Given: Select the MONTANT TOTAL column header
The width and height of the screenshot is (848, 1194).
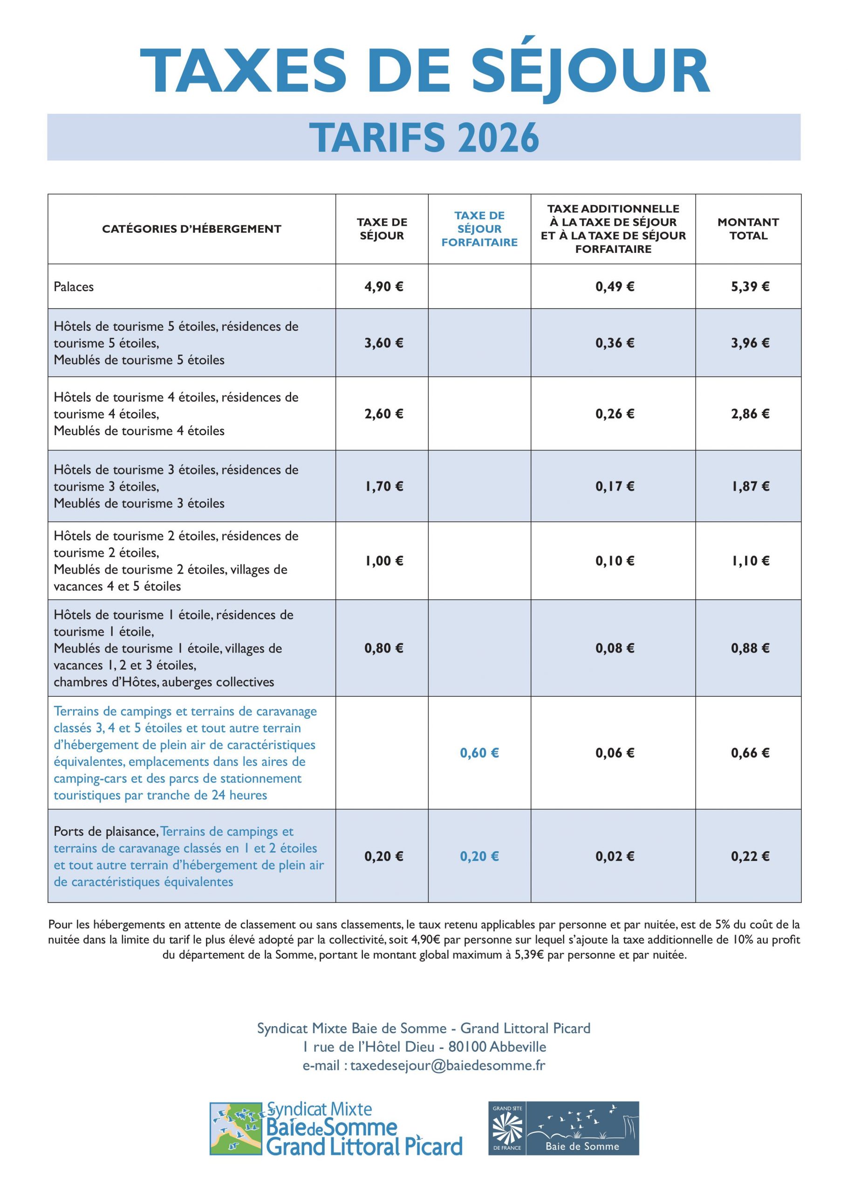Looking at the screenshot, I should (748, 229).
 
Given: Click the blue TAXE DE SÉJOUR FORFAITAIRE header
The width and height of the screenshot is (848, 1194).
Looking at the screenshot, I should (479, 229).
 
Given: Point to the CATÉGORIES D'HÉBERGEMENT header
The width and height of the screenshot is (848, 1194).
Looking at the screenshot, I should (191, 229).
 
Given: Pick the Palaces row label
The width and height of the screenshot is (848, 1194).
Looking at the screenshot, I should (74, 287).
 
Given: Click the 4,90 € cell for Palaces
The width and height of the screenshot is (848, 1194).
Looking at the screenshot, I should (384, 286).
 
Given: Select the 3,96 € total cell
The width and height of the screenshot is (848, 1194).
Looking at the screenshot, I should (750, 343).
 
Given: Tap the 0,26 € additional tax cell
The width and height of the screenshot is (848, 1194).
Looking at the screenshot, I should (615, 414).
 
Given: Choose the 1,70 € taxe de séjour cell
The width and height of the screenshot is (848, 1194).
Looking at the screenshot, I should (384, 486).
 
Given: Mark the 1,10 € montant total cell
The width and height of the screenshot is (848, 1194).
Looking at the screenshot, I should (750, 561).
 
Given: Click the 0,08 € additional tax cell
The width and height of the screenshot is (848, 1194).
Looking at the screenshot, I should (615, 648).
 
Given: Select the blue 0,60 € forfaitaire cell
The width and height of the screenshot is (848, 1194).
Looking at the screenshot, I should (479, 753).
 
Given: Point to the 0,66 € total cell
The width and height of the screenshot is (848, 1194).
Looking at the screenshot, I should (750, 753).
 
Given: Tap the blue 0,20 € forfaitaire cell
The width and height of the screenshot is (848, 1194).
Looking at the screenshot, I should (479, 856).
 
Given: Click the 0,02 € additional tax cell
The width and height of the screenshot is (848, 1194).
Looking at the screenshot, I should (615, 856).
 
